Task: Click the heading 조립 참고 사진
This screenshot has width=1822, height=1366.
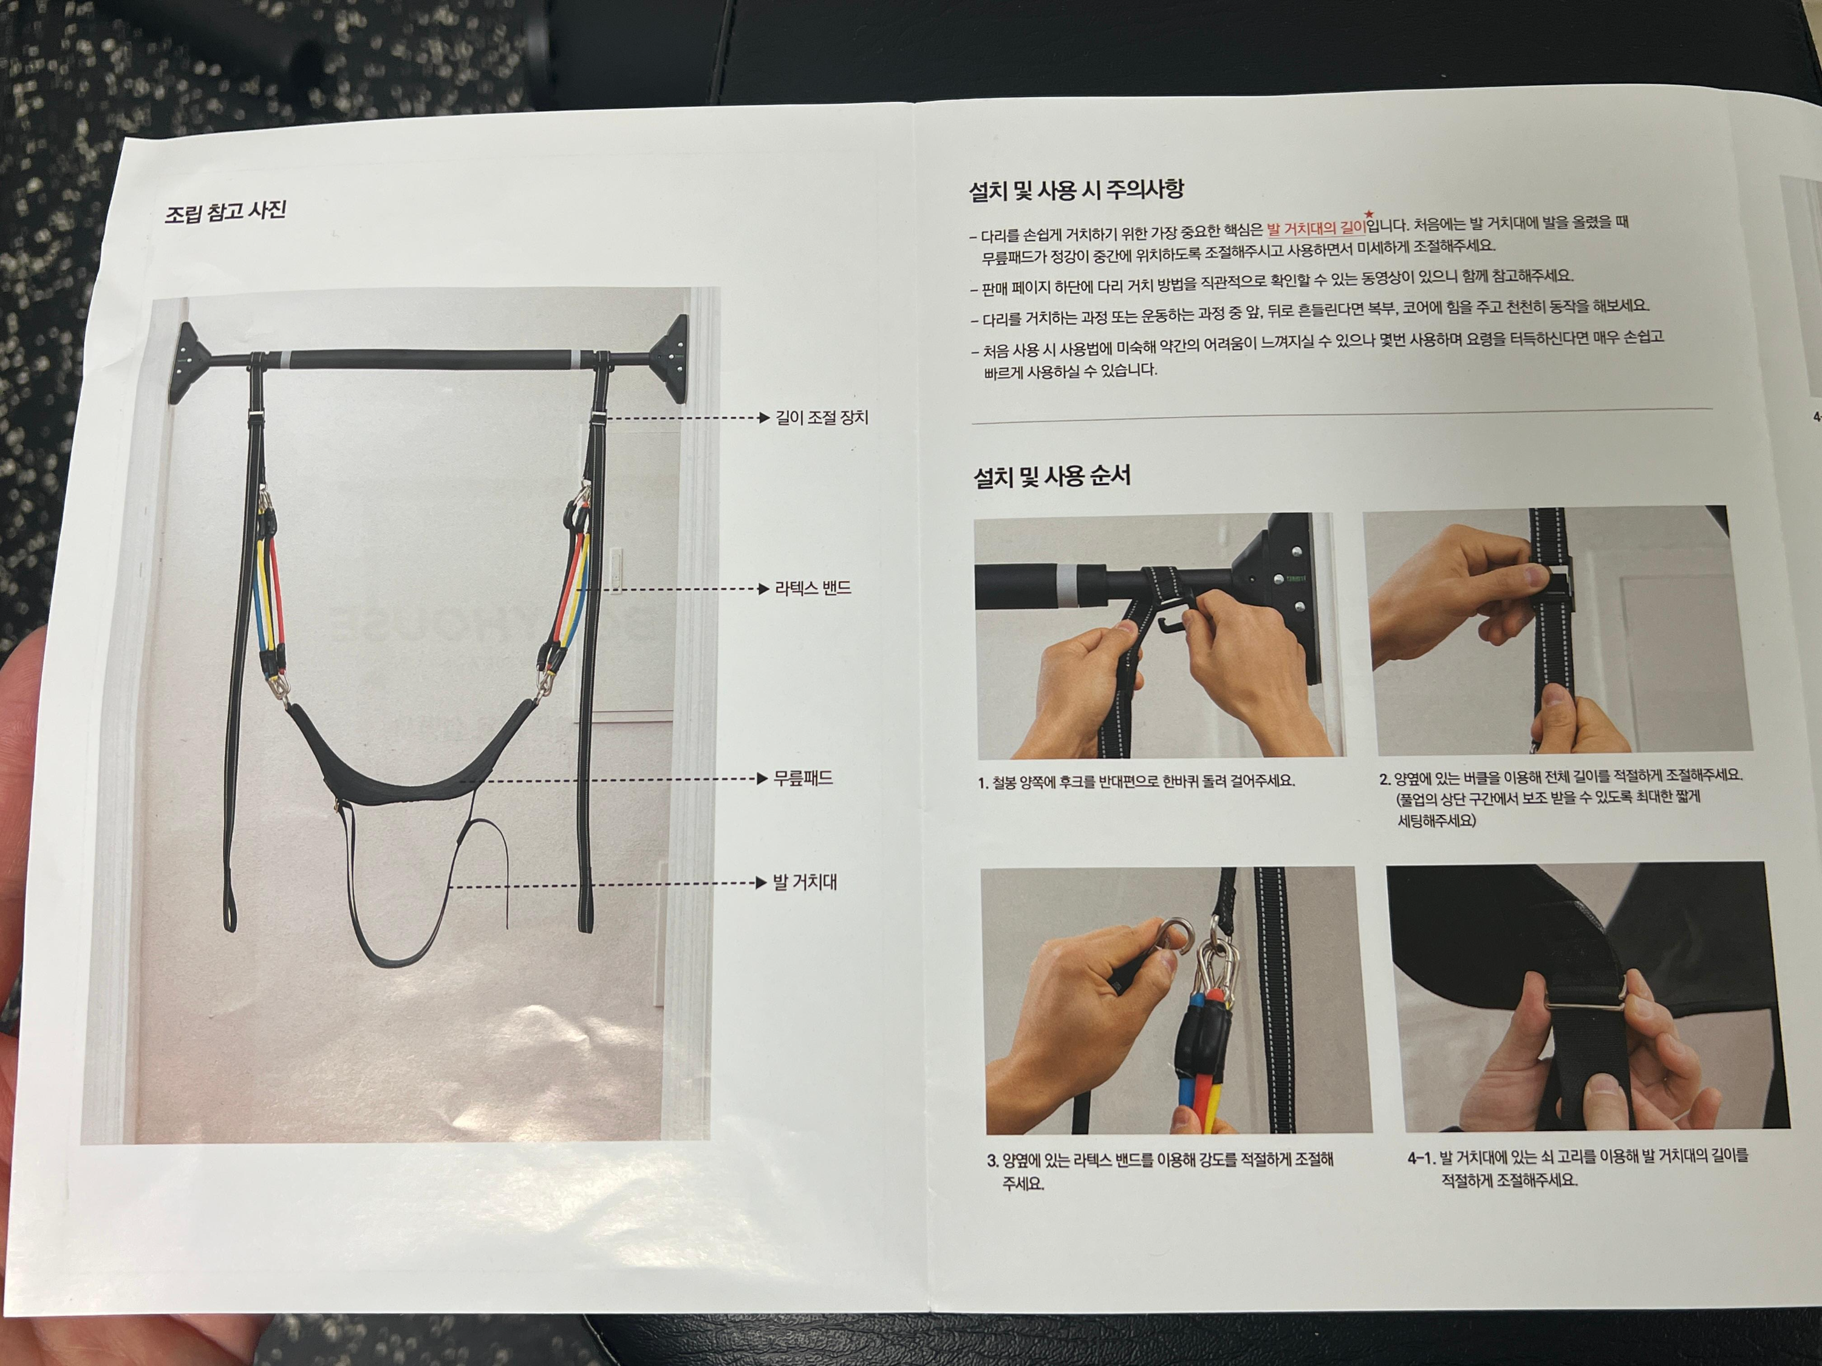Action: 225,212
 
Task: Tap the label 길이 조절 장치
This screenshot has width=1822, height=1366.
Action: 821,418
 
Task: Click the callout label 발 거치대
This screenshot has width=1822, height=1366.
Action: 804,883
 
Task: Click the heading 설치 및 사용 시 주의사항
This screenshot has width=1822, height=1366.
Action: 1076,190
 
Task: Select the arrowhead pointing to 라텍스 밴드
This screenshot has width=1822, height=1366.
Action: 763,589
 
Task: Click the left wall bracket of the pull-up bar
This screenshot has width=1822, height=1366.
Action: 191,363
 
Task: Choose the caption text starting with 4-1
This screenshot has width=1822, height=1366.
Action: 1577,1167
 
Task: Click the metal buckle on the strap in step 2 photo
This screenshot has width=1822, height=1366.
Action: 1556,585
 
